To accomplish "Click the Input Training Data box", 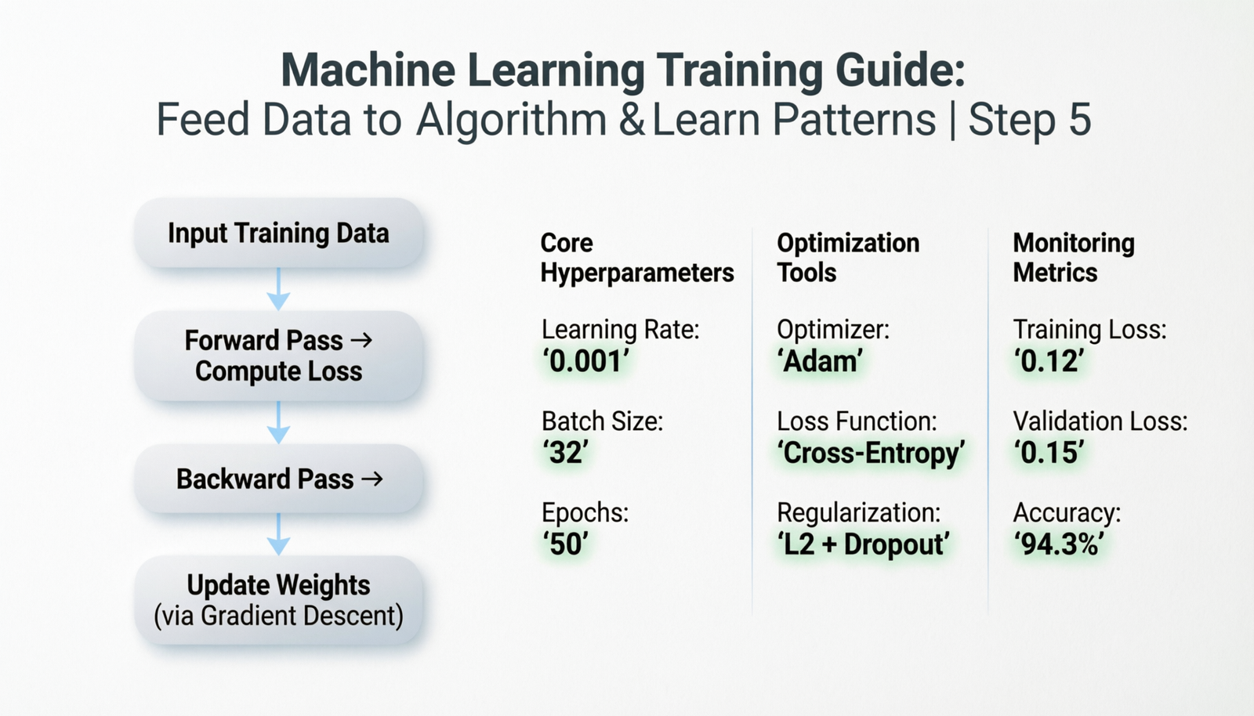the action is click(278, 233).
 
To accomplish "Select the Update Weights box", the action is click(278, 600).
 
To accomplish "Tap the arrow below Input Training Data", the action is click(278, 288).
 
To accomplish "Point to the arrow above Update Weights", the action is click(278, 534).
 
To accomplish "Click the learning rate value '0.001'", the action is click(585, 361).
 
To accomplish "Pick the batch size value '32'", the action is click(565, 453).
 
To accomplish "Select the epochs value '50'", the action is click(565, 544).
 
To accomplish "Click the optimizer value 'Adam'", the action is click(820, 361).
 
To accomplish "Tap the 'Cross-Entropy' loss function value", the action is click(871, 453).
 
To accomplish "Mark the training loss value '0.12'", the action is click(1049, 361).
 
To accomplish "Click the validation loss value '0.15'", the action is click(1049, 453).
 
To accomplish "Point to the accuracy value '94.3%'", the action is click(1059, 544).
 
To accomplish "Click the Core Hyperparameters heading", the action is click(637, 258).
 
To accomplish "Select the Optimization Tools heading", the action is click(848, 258).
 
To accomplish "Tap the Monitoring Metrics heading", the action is click(1074, 258).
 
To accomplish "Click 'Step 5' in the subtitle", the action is click(1030, 119).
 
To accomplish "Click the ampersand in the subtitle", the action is click(632, 120).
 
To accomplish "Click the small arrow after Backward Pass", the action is click(371, 479).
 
